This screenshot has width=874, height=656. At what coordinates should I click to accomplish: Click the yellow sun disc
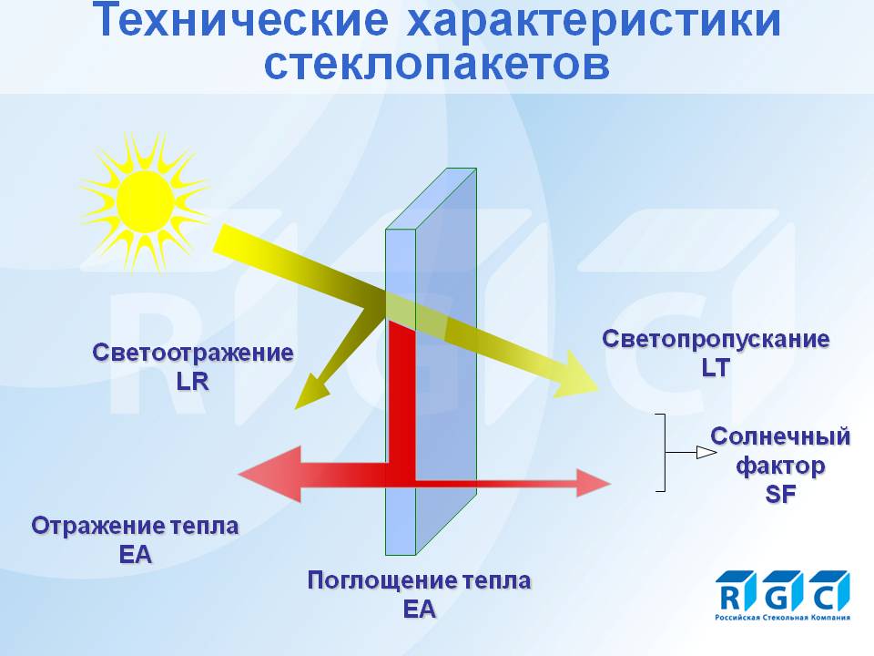click(x=146, y=201)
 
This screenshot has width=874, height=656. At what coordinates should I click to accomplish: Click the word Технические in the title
click(x=239, y=19)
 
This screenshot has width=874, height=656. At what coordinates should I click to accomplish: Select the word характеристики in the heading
click(x=595, y=20)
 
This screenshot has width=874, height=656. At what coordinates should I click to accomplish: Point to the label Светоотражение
click(x=193, y=353)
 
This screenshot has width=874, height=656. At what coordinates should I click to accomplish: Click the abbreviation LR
click(x=192, y=382)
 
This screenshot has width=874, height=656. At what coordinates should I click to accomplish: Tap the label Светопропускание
click(x=716, y=340)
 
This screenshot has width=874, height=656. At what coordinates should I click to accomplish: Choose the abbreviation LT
click(x=716, y=368)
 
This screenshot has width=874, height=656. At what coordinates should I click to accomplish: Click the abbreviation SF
click(x=780, y=494)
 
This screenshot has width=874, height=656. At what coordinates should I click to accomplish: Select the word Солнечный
click(x=780, y=436)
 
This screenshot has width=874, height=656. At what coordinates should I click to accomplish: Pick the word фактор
click(x=780, y=466)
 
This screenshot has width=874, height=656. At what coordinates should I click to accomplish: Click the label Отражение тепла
click(x=135, y=526)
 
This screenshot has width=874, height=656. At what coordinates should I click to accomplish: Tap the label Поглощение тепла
click(x=419, y=580)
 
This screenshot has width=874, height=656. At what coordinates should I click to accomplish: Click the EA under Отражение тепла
click(x=135, y=555)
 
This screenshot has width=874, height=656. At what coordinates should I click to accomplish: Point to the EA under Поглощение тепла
click(x=419, y=610)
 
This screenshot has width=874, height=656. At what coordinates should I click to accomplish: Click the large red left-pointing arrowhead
click(x=270, y=474)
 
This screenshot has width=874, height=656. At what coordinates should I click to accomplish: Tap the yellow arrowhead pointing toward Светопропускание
click(x=577, y=375)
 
